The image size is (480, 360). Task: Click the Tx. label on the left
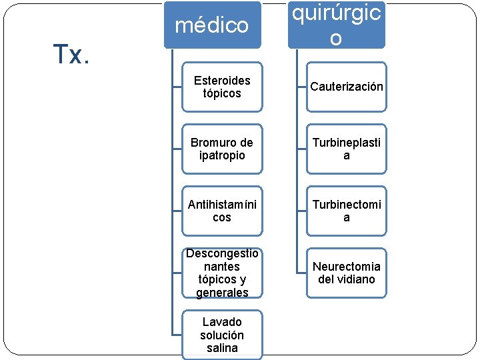click(71, 55)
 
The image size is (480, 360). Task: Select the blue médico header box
click(212, 25)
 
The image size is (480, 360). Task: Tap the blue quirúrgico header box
click(336, 25)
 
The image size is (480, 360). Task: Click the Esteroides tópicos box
click(222, 87)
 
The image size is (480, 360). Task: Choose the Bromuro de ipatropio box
click(222, 149)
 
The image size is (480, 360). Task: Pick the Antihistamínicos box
click(222, 211)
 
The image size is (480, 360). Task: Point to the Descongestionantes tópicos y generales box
click(222, 273)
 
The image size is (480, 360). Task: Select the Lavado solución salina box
click(222, 335)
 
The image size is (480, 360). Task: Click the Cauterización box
click(347, 87)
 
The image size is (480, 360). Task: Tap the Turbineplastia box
click(347, 149)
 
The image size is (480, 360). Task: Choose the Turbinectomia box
click(347, 211)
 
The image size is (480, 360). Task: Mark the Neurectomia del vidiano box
click(347, 273)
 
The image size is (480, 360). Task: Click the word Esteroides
click(222, 81)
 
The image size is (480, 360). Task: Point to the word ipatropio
click(222, 155)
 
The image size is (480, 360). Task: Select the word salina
click(222, 348)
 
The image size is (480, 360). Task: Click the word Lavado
click(222, 322)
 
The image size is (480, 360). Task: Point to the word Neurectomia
click(347, 267)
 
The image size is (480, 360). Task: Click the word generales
click(222, 293)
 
